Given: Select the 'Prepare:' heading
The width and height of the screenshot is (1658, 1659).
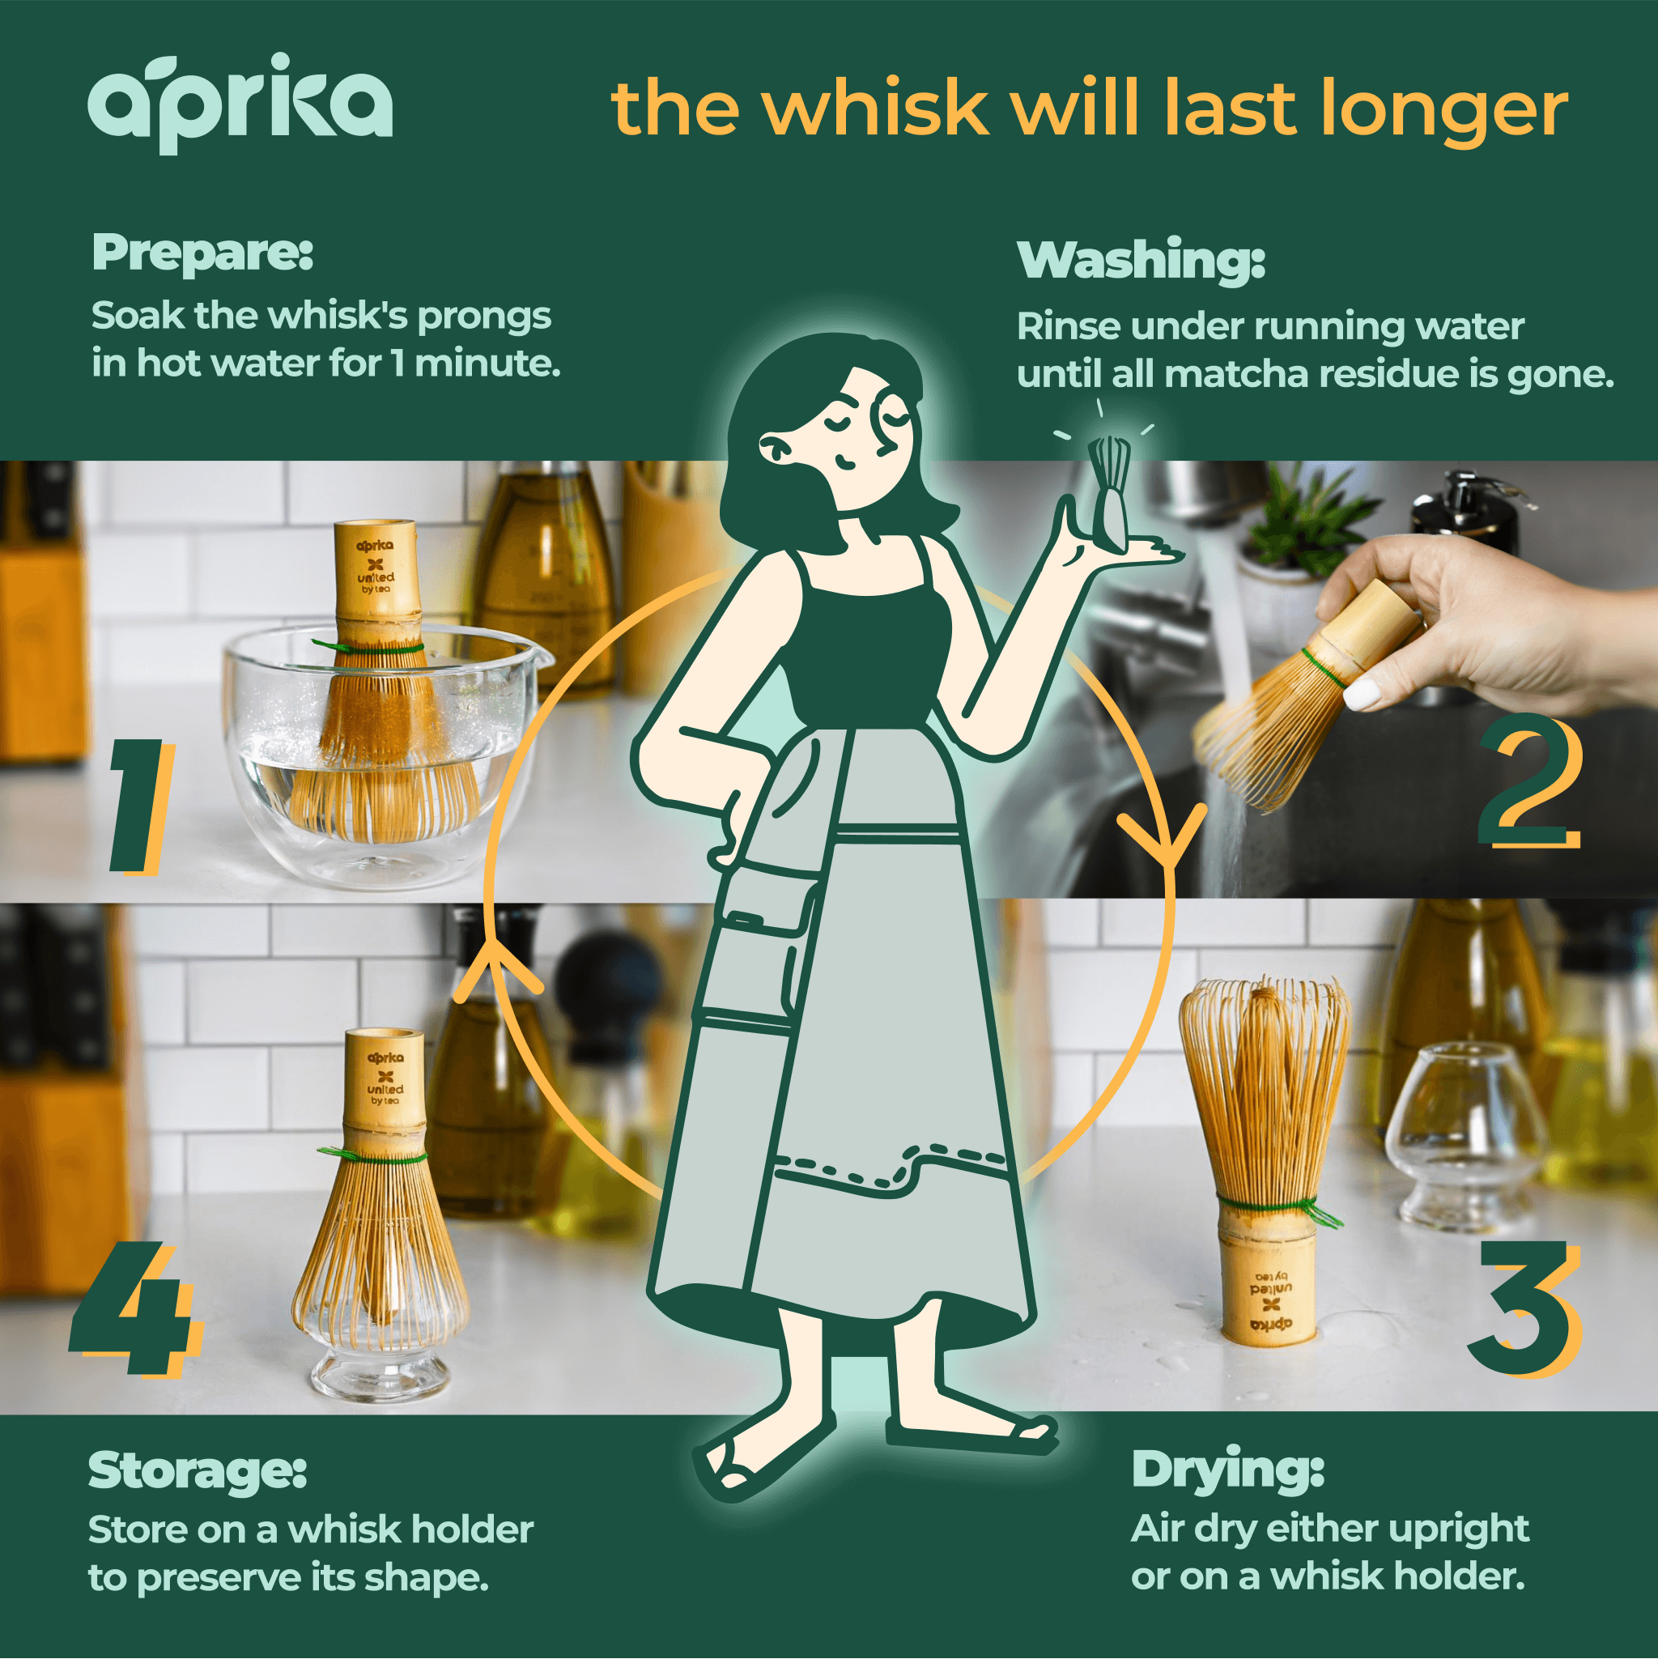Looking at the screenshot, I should (202, 253).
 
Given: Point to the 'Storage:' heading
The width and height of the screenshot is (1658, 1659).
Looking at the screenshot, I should (198, 1470).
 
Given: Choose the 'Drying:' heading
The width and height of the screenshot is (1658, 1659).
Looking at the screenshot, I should (1228, 1470).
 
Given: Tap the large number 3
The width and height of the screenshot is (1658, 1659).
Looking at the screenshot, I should (1524, 1309).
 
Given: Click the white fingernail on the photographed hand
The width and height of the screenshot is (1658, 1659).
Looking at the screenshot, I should (1360, 692).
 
